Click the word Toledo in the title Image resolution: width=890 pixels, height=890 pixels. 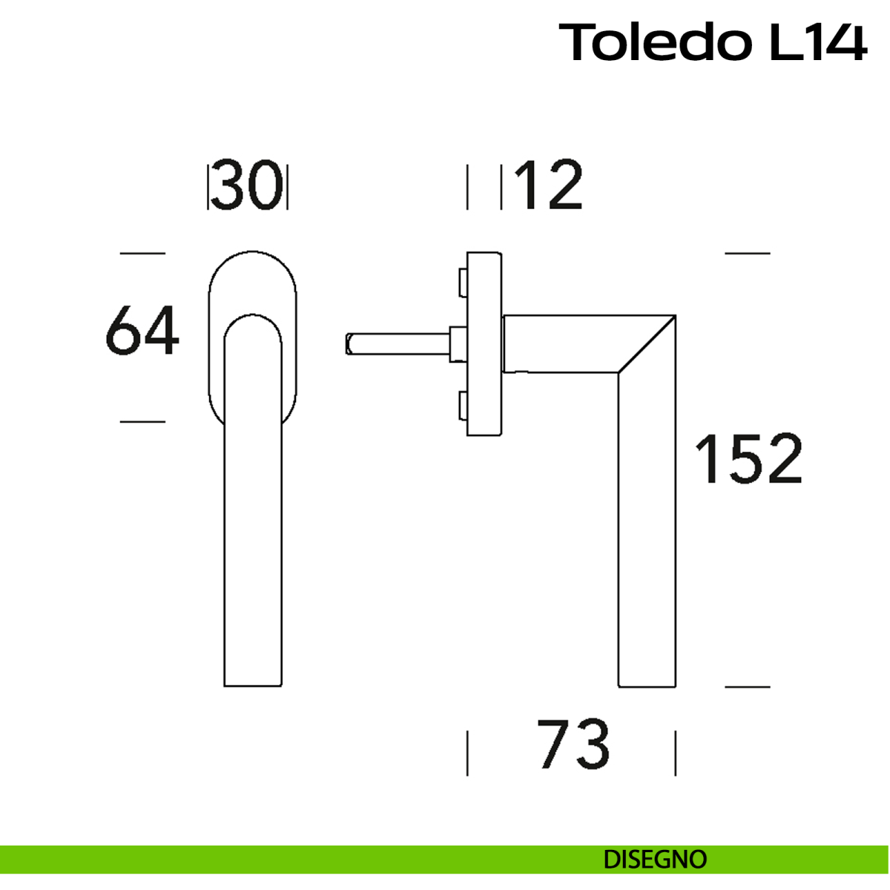pyautogui.click(x=654, y=42)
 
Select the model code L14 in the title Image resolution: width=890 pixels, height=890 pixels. pyautogui.click(x=818, y=42)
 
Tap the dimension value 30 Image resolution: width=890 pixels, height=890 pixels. pyautogui.click(x=246, y=185)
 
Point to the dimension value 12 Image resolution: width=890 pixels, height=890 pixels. pyautogui.click(x=549, y=185)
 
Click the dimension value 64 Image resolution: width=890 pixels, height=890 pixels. pyautogui.click(x=142, y=330)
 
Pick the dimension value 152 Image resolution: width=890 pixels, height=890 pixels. pyautogui.click(x=749, y=458)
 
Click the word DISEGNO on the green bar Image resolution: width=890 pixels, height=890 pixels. pyautogui.click(x=655, y=860)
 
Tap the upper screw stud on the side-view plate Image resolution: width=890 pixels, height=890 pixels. pyautogui.click(x=463, y=283)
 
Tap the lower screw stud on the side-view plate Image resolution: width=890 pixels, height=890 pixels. pyautogui.click(x=463, y=406)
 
